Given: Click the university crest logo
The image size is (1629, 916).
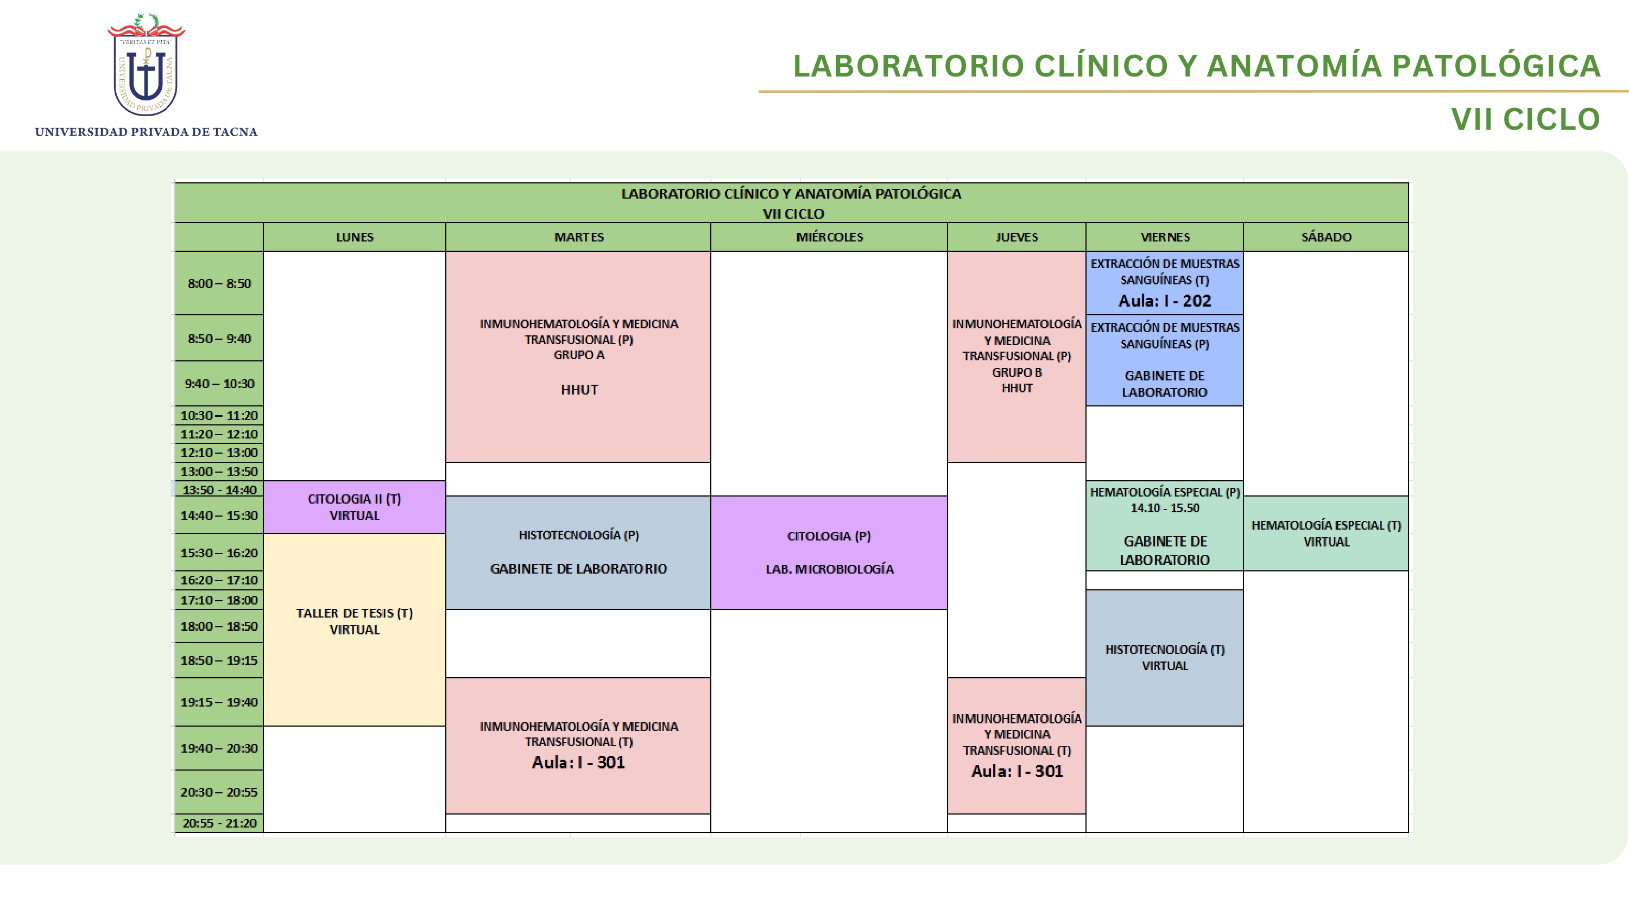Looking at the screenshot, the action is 146,65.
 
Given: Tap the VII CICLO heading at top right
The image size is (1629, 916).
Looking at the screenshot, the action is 1525,119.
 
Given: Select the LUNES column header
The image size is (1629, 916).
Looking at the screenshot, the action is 355,237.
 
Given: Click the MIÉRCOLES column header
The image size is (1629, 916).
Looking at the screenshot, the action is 829,237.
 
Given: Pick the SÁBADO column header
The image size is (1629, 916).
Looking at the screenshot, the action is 1326,237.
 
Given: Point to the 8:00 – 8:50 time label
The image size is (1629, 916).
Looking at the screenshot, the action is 219,283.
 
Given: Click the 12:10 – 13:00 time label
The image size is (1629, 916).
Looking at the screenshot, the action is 219,453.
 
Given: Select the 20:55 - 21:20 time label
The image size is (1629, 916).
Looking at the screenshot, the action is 219,823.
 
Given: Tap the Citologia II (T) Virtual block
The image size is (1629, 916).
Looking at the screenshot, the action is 355,507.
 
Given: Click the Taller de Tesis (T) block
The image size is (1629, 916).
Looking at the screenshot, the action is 355,629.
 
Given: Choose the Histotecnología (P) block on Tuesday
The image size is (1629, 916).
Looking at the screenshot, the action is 579,552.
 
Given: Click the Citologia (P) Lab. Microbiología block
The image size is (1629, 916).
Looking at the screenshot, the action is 829,552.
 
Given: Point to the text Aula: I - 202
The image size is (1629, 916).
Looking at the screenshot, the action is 1165,301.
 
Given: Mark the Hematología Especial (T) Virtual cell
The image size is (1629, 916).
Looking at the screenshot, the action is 1326,533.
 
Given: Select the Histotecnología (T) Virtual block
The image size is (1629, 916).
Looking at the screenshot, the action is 1165,658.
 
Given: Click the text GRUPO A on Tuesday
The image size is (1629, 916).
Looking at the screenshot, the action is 579,355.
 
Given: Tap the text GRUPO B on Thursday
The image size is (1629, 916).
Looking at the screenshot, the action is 1017,373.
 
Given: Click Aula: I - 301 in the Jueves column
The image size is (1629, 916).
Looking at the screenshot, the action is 1017,771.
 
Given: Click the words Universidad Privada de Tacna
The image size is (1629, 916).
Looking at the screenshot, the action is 146,132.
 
